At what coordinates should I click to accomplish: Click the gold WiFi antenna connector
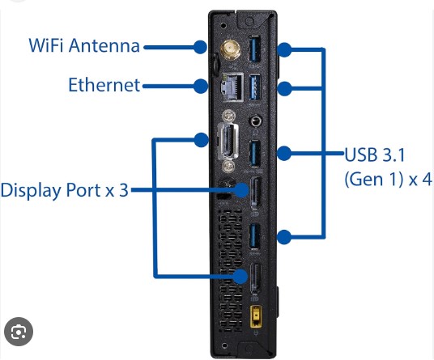click(x=230, y=49)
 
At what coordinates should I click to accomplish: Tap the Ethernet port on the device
click(x=233, y=86)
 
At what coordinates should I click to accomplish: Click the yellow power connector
click(x=257, y=316)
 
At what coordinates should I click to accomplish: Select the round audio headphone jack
click(x=256, y=121)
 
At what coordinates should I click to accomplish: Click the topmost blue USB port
click(x=255, y=49)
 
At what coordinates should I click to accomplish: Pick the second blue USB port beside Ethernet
click(x=255, y=87)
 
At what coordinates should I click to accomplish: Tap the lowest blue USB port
click(x=254, y=236)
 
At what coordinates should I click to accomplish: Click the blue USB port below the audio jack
click(x=254, y=153)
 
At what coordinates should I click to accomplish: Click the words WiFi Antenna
click(x=84, y=45)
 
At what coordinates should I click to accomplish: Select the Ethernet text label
click(x=104, y=85)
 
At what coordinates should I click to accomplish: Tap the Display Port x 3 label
click(x=65, y=190)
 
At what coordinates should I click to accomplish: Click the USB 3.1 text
click(x=375, y=155)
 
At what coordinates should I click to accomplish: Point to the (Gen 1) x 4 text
click(x=388, y=179)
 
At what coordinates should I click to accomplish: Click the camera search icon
click(x=19, y=332)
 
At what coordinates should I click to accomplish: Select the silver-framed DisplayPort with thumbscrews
click(x=229, y=141)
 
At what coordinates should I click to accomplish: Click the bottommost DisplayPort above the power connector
click(x=256, y=279)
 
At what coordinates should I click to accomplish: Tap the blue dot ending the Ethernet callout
click(x=201, y=87)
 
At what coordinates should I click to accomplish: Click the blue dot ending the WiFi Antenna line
click(x=200, y=47)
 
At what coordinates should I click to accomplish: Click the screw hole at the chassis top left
click(x=223, y=26)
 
